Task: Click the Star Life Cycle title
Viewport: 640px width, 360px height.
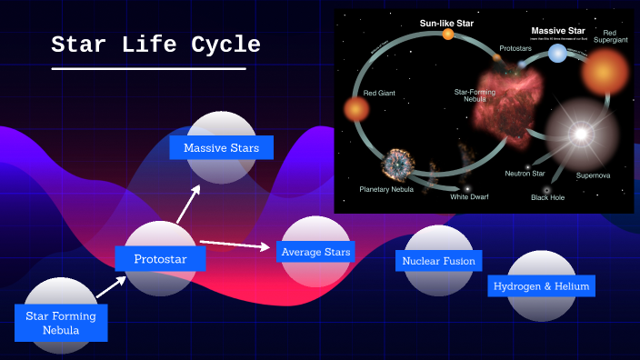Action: [x=155, y=45]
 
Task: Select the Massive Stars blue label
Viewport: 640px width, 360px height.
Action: [x=221, y=147]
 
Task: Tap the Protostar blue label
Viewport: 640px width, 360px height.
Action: [x=160, y=259]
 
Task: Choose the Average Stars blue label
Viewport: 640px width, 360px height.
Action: [x=315, y=252]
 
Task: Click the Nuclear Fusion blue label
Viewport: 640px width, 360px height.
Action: [x=439, y=261]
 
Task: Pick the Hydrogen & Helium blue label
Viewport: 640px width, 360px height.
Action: [x=541, y=286]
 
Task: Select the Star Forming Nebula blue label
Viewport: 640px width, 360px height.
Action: [x=61, y=323]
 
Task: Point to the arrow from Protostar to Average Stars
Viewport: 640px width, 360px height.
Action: [x=235, y=244]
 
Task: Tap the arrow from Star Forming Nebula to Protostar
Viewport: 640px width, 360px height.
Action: [x=111, y=287]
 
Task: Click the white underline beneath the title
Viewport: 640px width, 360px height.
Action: [x=148, y=68]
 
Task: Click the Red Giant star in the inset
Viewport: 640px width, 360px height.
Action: [x=356, y=110]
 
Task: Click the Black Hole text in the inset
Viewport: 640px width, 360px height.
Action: [x=547, y=197]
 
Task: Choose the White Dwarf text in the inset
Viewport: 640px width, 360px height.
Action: [x=468, y=195]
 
